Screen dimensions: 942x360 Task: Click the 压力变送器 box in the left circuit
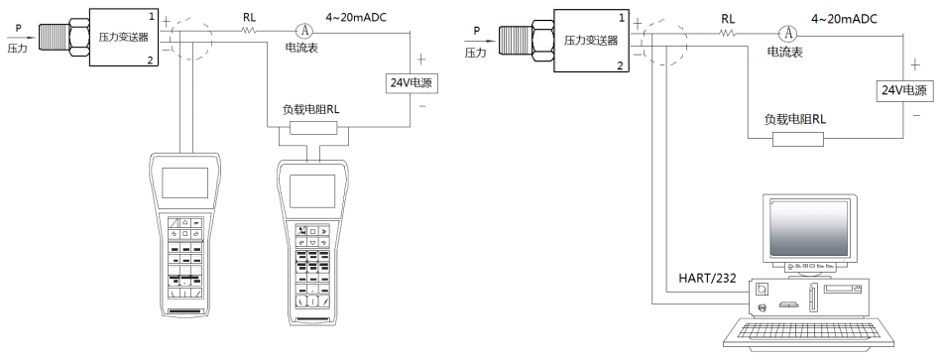(x=124, y=37)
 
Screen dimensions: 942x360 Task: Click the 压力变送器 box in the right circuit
(x=591, y=41)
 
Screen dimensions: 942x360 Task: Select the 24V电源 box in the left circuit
(x=411, y=83)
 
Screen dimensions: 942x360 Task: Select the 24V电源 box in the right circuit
(x=904, y=91)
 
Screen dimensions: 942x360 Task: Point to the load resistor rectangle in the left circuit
(x=313, y=127)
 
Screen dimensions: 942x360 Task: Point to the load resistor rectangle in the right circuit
(x=798, y=140)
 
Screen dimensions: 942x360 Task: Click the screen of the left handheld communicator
(x=185, y=182)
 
